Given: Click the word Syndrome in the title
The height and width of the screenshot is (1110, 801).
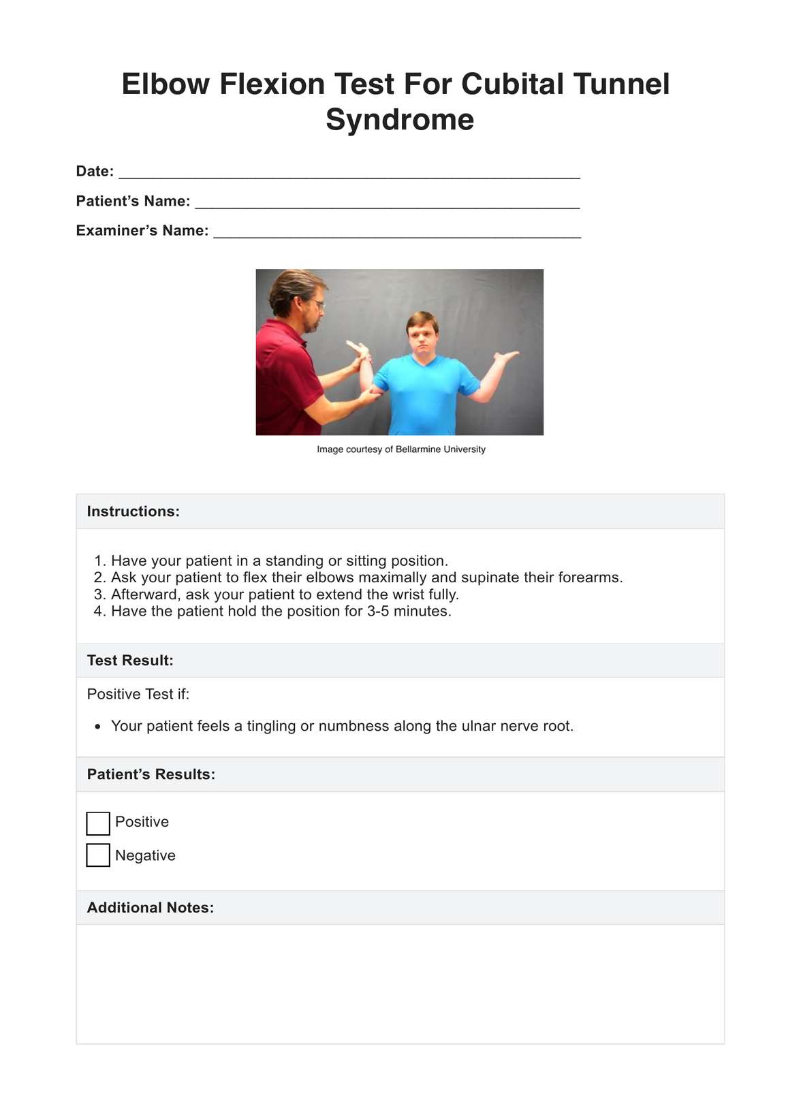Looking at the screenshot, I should click(x=400, y=120).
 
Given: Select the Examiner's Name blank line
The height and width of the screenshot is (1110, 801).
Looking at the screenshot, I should click(x=396, y=232).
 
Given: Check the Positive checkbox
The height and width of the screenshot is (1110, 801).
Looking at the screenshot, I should click(x=98, y=823).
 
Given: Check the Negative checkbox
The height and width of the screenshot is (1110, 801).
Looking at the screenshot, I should click(x=98, y=855).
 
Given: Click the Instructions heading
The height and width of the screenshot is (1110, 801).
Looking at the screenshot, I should click(x=133, y=511).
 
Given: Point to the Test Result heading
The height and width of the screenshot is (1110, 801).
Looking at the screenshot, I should click(x=130, y=661).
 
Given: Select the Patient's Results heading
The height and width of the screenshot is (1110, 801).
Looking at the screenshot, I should click(x=151, y=774).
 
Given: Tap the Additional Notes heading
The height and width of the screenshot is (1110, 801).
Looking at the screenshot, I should click(x=151, y=908).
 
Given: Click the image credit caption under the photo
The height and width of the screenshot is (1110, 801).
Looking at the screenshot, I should click(x=400, y=449).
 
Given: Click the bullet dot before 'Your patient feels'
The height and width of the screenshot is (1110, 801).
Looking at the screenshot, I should click(x=98, y=727).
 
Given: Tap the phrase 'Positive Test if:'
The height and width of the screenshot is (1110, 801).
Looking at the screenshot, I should click(x=138, y=695).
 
